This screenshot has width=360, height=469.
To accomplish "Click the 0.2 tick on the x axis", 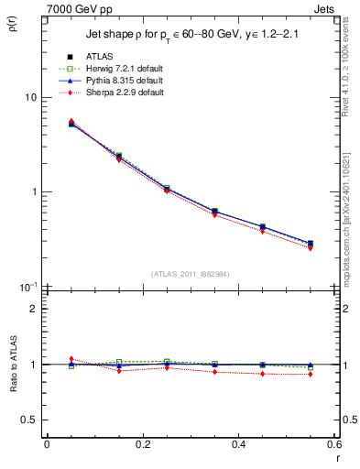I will [142, 444].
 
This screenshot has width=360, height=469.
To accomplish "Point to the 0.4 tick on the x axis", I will [238, 444].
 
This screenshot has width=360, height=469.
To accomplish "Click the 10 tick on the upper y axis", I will [30, 97].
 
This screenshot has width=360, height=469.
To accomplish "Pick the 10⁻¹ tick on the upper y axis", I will [27, 286].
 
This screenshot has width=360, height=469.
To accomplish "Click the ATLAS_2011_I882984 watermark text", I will [190, 274].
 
